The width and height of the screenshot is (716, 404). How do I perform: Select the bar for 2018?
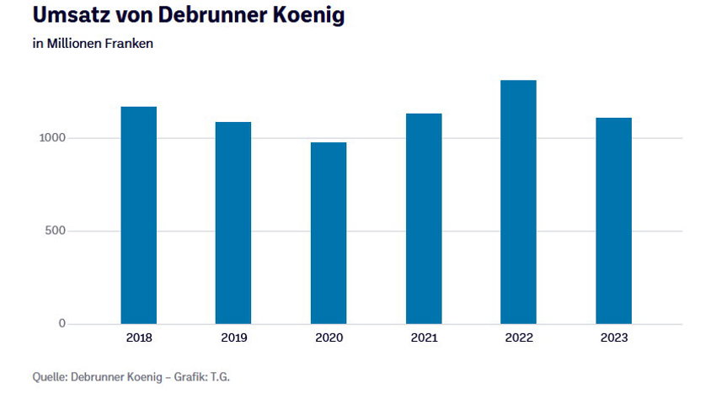click(138, 215)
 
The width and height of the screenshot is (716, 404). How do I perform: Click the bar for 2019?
click(232, 223)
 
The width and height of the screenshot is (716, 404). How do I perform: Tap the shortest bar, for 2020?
click(328, 233)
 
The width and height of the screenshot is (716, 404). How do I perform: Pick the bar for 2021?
click(423, 219)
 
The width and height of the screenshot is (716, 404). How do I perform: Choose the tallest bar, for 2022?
click(518, 202)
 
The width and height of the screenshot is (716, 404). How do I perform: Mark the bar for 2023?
click(613, 221)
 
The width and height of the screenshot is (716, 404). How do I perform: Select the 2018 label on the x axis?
click(138, 338)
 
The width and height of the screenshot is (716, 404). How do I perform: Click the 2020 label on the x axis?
click(328, 338)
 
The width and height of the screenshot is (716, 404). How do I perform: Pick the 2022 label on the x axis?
click(518, 338)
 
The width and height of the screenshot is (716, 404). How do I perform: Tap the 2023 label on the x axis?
click(613, 338)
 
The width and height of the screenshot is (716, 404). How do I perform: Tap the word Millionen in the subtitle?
click(73, 44)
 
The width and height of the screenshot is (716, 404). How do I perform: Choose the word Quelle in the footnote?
click(49, 376)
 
